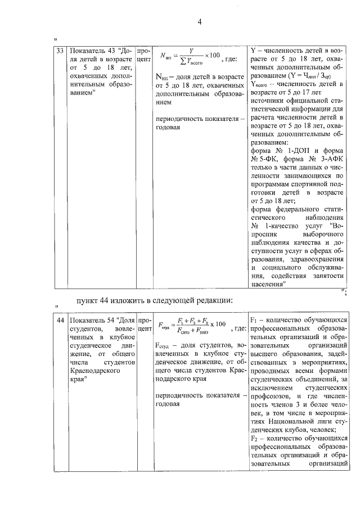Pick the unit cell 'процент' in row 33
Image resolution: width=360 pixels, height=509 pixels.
[x=144, y=55]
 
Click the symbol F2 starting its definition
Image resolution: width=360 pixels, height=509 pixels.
[x=253, y=438]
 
